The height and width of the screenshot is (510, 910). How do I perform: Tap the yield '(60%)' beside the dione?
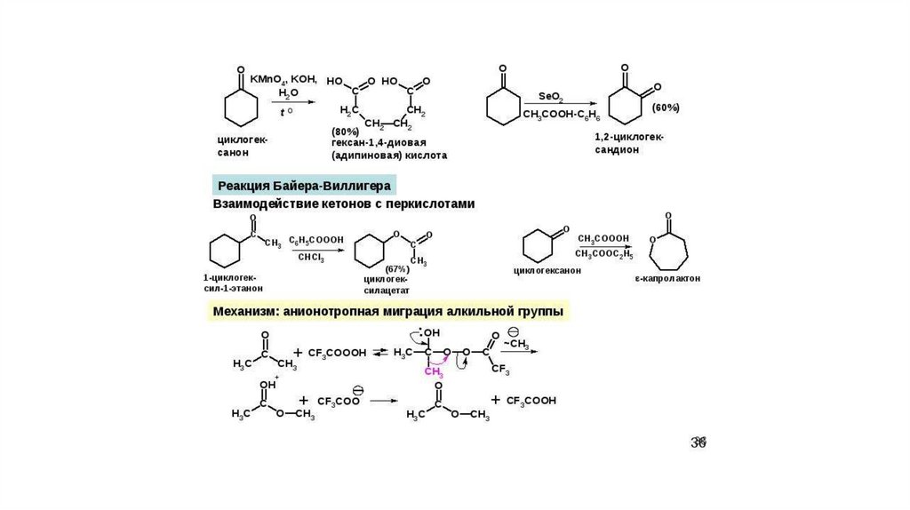[666, 108]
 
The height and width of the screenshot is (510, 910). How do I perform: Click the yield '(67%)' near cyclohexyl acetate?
[397, 268]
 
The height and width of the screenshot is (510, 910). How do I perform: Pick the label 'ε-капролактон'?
[667, 278]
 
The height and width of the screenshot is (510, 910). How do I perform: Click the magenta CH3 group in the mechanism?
[433, 372]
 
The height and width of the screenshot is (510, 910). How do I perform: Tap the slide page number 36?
[698, 442]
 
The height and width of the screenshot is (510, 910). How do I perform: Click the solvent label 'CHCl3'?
[311, 258]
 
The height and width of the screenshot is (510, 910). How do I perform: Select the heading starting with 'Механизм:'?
[387, 312]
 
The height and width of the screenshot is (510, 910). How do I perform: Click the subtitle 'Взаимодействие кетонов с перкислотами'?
[344, 204]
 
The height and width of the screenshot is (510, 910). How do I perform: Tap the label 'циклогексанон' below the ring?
[547, 270]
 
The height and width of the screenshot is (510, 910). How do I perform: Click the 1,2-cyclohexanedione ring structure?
[625, 106]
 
